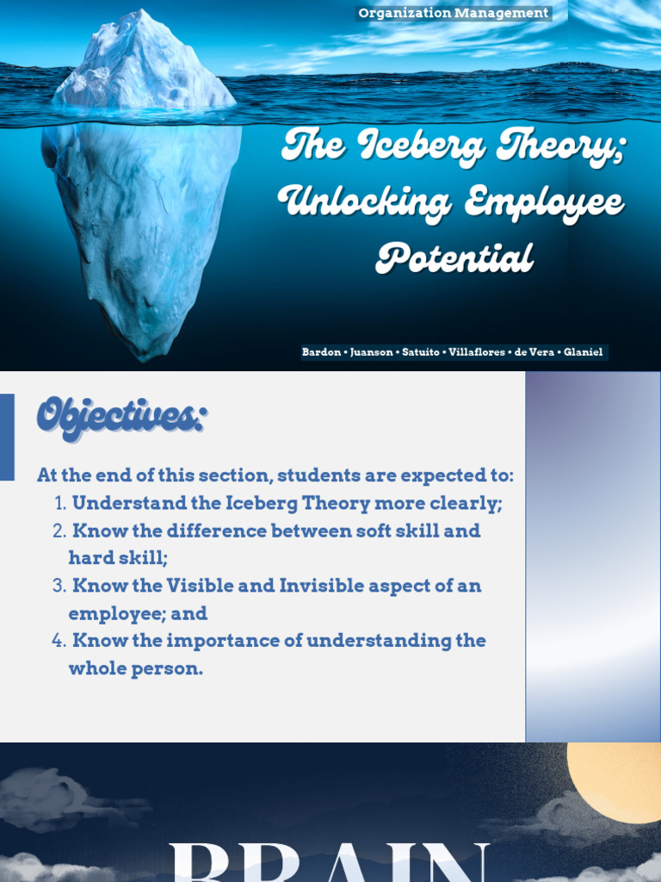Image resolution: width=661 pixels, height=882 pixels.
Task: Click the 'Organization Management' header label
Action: tap(454, 13)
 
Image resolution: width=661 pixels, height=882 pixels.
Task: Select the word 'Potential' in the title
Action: tap(455, 258)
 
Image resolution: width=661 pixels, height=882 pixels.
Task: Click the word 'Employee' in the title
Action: tap(544, 203)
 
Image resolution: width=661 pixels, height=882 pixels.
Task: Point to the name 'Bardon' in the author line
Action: tap(321, 352)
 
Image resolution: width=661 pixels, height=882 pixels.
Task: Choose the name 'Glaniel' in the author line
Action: tap(584, 352)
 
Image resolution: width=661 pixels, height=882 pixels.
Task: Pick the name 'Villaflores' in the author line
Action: tap(477, 352)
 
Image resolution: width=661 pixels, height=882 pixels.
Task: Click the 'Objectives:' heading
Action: tap(120, 419)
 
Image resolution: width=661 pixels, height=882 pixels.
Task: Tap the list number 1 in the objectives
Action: tap(59, 504)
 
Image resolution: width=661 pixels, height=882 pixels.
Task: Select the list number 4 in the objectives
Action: tap(59, 641)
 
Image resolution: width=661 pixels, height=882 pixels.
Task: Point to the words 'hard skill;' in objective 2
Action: tap(118, 558)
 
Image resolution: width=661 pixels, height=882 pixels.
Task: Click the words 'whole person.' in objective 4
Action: tap(135, 668)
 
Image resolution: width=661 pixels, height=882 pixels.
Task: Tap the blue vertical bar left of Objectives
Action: tap(7, 437)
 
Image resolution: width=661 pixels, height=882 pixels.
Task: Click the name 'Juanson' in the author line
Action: tap(371, 352)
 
